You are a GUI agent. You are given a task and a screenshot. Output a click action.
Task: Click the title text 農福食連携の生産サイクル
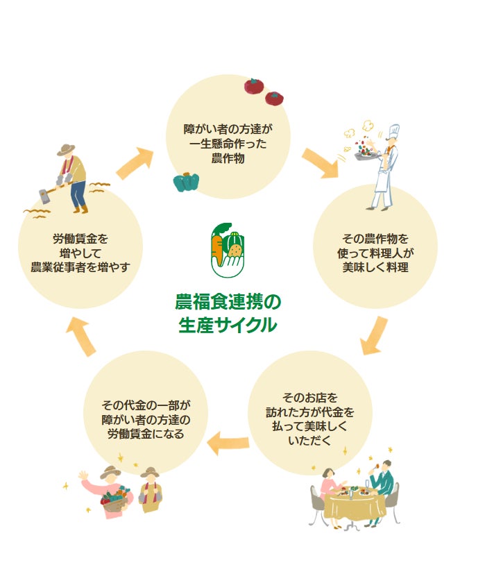click(x=228, y=313)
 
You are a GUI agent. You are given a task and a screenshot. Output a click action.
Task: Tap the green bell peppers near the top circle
click(x=187, y=183)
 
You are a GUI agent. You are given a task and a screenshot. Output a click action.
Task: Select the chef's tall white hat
click(x=394, y=132)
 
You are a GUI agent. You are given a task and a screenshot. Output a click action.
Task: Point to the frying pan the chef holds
click(x=366, y=155)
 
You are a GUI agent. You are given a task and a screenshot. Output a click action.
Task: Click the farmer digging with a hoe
click(x=72, y=176)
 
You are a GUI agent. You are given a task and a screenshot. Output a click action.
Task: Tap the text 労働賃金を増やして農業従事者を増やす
click(x=80, y=253)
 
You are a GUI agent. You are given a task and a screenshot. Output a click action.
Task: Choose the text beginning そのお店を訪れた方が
click(x=309, y=419)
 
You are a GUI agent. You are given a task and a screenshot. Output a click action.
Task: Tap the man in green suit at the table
click(x=380, y=485)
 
